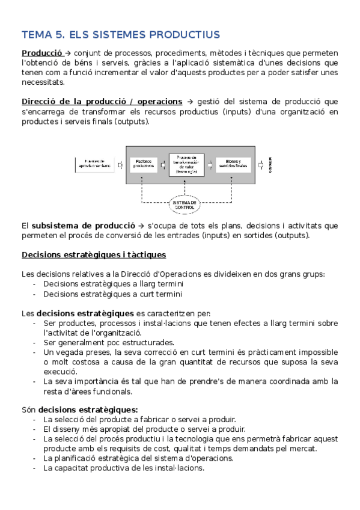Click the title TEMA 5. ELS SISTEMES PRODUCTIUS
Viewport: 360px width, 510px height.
tap(120, 34)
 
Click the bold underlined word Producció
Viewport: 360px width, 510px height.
tap(41, 53)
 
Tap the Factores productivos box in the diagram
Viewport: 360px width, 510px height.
tap(143, 164)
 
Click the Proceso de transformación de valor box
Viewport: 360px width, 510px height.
tap(186, 164)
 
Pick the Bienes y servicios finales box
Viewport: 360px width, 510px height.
tap(231, 164)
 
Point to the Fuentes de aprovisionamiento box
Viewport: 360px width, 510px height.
tap(94, 164)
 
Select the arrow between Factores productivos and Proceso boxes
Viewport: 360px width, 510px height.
tap(163, 164)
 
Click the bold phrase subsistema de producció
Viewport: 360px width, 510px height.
tap(76, 226)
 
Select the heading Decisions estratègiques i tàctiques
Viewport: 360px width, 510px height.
tap(94, 254)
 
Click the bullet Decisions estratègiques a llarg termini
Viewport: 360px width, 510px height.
tap(113, 284)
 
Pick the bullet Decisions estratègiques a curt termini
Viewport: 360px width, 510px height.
tap(112, 294)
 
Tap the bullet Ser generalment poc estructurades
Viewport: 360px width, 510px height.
tap(108, 343)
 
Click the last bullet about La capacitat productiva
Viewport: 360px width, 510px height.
tap(123, 468)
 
